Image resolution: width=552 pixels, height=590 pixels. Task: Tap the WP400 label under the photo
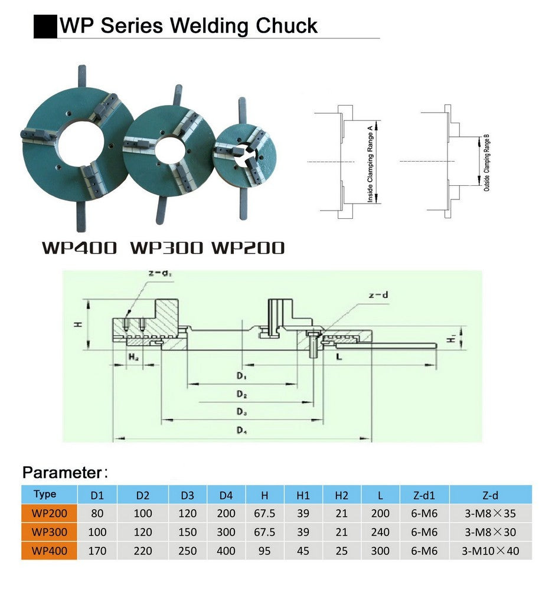(x=79, y=248)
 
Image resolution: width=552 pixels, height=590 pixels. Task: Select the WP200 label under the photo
(x=247, y=248)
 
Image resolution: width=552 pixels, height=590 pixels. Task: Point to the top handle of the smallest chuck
(x=241, y=110)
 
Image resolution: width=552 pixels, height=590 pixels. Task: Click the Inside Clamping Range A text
(x=370, y=163)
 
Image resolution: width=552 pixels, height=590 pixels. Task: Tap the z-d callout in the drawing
(x=378, y=294)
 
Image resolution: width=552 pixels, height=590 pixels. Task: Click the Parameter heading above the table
(x=62, y=472)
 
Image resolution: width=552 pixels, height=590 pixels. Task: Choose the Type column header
(x=45, y=494)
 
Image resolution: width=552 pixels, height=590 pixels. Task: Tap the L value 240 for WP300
(x=380, y=532)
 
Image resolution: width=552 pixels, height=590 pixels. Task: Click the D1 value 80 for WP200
(x=97, y=513)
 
